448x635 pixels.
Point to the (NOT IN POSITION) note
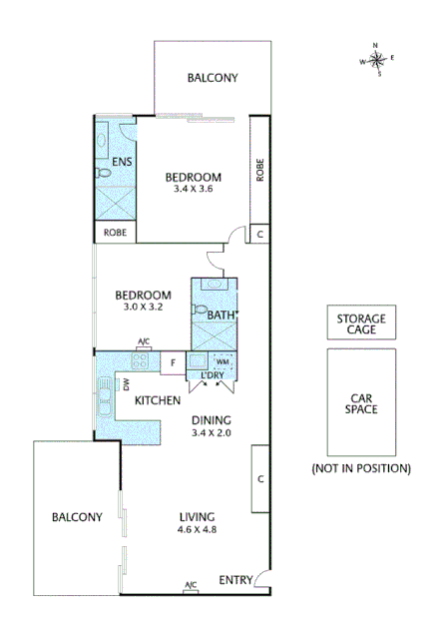(x=361, y=467)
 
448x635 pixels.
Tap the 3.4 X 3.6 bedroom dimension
(x=193, y=188)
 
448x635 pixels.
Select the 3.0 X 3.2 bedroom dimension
(x=143, y=308)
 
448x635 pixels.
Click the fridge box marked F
(x=173, y=362)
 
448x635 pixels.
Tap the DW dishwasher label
(x=127, y=383)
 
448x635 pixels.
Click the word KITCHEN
(x=158, y=400)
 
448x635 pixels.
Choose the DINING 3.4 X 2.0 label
(x=211, y=426)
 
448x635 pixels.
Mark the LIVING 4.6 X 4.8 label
(x=198, y=523)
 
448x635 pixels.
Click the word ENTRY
(x=235, y=579)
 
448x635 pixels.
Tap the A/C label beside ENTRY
(x=191, y=585)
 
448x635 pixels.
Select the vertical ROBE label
(x=259, y=169)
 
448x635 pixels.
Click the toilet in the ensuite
(x=104, y=173)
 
